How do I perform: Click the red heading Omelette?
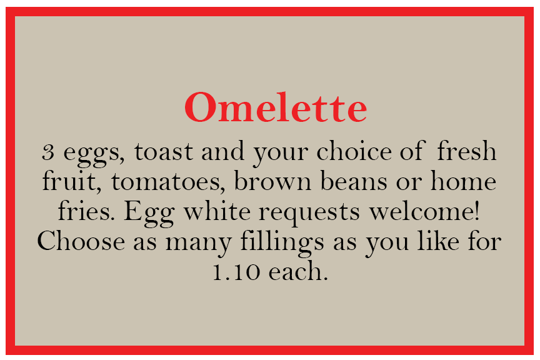click(x=276, y=107)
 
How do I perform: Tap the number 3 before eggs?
click(x=48, y=152)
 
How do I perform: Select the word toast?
click(x=164, y=152)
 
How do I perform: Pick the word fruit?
click(x=69, y=180)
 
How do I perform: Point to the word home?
click(x=463, y=180)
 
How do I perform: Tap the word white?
click(x=217, y=210)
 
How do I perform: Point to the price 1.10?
click(x=236, y=271)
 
